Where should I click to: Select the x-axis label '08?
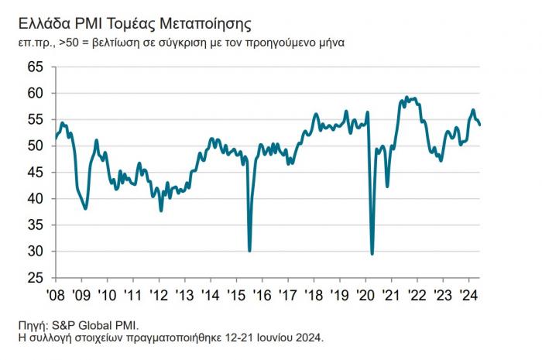pyautogui.click(x=55, y=295)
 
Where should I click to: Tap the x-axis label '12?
pyautogui.click(x=159, y=295)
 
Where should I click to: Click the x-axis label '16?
pyautogui.click(x=262, y=295)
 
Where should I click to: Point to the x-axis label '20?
pyautogui.click(x=365, y=295)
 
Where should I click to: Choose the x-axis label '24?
pyautogui.click(x=468, y=295)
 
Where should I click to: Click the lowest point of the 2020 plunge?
pyautogui.click(x=372, y=253)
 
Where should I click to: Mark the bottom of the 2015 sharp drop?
pyautogui.click(x=249, y=250)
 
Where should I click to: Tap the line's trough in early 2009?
pyautogui.click(x=85, y=208)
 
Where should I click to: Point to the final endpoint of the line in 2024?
pyautogui.click(x=479, y=124)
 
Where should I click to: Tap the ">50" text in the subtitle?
pyautogui.click(x=69, y=42)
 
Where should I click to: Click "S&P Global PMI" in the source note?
pyautogui.click(x=98, y=325)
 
